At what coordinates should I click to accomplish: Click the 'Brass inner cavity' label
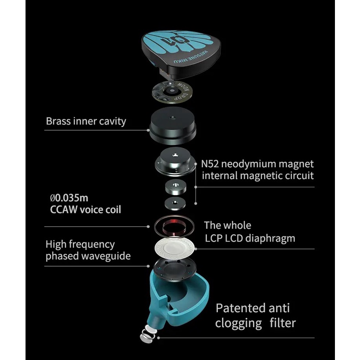86,121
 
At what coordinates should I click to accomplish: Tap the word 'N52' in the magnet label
210,164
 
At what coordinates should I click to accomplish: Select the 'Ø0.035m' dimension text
69,198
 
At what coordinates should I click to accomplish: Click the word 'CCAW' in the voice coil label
62,210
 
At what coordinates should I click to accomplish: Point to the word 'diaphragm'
270,238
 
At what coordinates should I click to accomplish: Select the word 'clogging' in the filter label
238,324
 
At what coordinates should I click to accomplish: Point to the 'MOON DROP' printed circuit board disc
172,91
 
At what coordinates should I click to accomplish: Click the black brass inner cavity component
173,126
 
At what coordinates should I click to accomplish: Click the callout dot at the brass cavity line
148,130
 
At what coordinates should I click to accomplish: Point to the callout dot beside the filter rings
159,338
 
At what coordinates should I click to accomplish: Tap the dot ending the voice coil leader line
148,226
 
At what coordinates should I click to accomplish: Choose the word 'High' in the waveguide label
56,245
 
